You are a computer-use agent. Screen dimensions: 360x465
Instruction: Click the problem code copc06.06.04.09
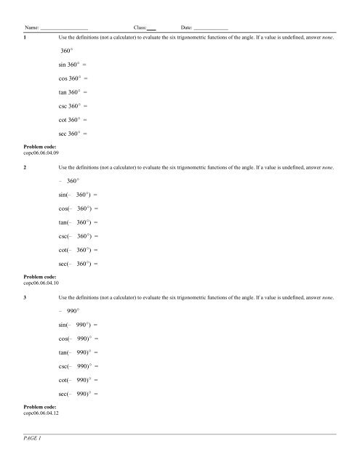tap(42, 153)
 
